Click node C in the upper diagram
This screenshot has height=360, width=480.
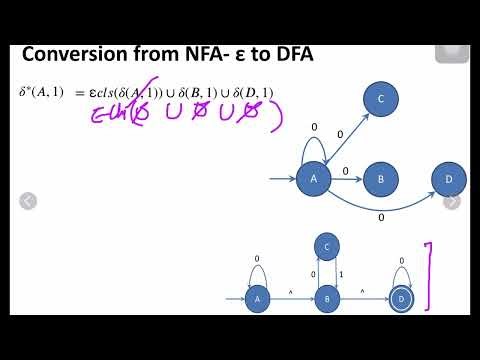point(382,98)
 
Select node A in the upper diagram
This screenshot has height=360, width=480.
point(314,179)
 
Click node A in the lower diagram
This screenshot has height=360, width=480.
point(259,298)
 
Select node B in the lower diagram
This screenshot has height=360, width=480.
point(327,298)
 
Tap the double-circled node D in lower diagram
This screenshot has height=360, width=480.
point(402,298)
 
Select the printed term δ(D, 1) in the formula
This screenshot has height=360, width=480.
point(252,92)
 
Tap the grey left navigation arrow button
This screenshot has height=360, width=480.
point(28,201)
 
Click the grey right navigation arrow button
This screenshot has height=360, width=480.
point(452,201)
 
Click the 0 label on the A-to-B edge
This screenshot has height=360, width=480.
point(346,171)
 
